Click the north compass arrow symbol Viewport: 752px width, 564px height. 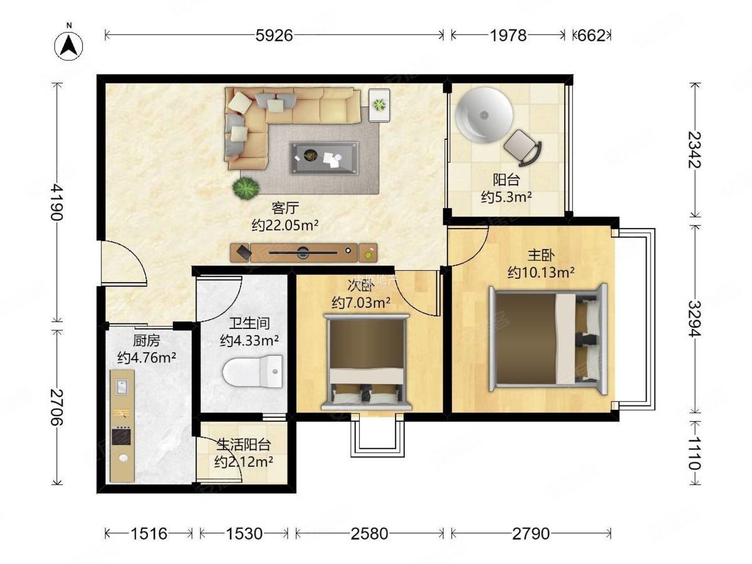[68, 46]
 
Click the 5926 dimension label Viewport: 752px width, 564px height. [274, 35]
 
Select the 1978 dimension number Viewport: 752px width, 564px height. [508, 35]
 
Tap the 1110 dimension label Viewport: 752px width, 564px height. [694, 452]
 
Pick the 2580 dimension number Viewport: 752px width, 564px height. [369, 533]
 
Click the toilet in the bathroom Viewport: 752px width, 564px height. [253, 372]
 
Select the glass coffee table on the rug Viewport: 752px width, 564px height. [324, 158]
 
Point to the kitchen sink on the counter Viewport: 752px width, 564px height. [122, 387]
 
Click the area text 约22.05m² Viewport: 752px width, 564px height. [285, 226]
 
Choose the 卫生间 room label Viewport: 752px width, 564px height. [249, 323]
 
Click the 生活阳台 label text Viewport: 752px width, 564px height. [244, 445]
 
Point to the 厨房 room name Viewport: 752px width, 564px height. [146, 341]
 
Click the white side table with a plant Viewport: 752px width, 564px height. [379, 105]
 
